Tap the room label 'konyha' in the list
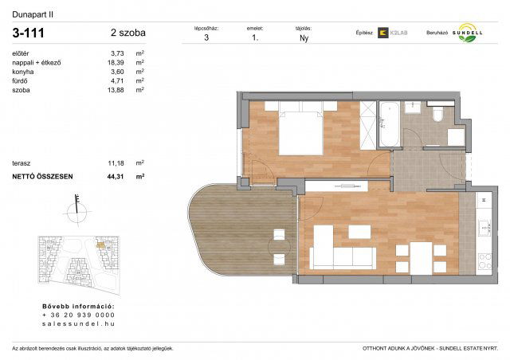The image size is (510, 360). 23,72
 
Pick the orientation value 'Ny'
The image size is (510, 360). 304,37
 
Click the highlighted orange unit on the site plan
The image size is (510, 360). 100,245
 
